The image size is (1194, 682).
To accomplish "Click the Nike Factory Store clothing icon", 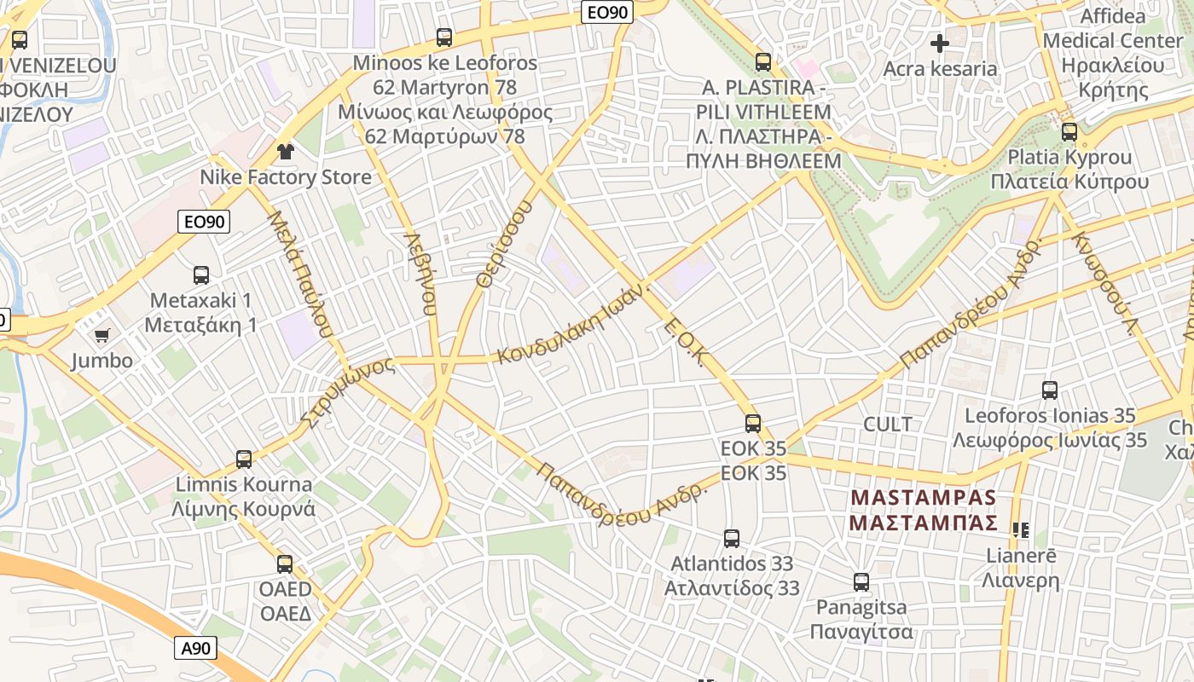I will [x=285, y=152].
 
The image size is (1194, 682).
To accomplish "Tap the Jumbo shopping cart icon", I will [x=102, y=335].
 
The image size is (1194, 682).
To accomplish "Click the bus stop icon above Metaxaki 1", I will [x=201, y=275].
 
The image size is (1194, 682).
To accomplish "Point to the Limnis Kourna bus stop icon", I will [x=244, y=459].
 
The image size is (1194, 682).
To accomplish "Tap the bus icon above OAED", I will [x=285, y=564].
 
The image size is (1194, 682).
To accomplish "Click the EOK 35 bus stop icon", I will [x=753, y=423].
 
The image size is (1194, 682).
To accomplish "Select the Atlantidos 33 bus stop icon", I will [x=732, y=538].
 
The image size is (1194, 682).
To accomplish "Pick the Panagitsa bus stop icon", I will [x=861, y=582].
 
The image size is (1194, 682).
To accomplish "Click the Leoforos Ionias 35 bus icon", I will [x=1050, y=390].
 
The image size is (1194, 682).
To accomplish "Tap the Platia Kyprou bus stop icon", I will [x=1069, y=132].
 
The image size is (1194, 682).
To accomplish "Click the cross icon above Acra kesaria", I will [x=940, y=43].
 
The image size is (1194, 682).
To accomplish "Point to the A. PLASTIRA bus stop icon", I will [x=763, y=62].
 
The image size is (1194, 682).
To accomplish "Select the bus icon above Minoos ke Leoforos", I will [x=444, y=38].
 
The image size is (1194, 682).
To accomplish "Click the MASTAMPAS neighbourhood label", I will [x=924, y=509].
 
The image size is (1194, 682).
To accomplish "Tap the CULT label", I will [x=888, y=424].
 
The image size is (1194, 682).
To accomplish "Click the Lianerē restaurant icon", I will [x=1021, y=530].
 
